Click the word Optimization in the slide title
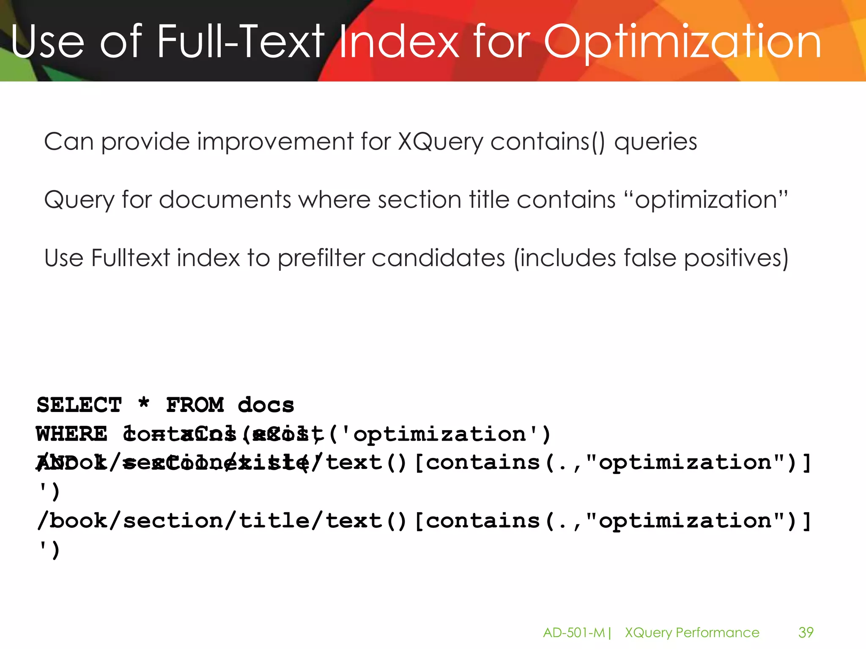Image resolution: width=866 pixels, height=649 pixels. click(x=682, y=42)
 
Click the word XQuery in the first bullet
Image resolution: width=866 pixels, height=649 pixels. click(x=440, y=142)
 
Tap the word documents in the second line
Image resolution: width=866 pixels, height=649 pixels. click(x=225, y=199)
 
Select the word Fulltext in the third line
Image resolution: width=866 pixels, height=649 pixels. click(x=130, y=258)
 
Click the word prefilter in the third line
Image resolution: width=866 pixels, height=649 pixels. click(x=321, y=258)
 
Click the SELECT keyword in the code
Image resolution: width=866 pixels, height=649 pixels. click(x=79, y=405)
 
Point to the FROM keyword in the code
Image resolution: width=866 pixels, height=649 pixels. click(x=195, y=405)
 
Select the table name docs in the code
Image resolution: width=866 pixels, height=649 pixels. click(x=266, y=405)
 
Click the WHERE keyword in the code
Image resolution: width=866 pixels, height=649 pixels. click(x=72, y=434)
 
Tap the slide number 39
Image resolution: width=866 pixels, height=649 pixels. click(x=806, y=633)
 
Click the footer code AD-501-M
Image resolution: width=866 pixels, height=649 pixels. click(x=574, y=633)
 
